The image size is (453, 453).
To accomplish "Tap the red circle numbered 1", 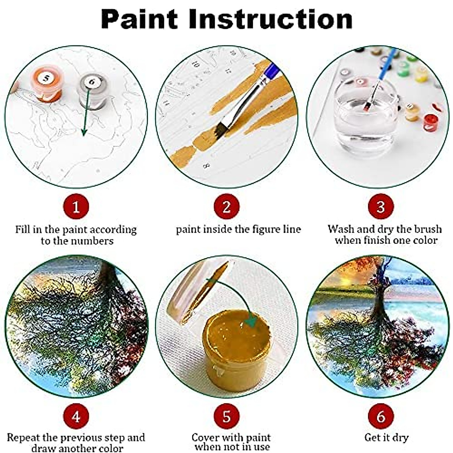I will (76, 207).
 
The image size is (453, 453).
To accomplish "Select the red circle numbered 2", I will (226, 207).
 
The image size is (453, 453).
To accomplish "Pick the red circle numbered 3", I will (381, 207).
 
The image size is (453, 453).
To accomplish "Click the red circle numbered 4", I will (76, 416).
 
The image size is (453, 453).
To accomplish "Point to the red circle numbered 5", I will (226, 416).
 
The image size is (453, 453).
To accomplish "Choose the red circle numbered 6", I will (381, 416).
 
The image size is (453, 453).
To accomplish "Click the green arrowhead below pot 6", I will (84, 132).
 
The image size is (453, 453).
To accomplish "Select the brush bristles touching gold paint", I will (219, 130).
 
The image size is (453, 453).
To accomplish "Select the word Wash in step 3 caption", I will (341, 229).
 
